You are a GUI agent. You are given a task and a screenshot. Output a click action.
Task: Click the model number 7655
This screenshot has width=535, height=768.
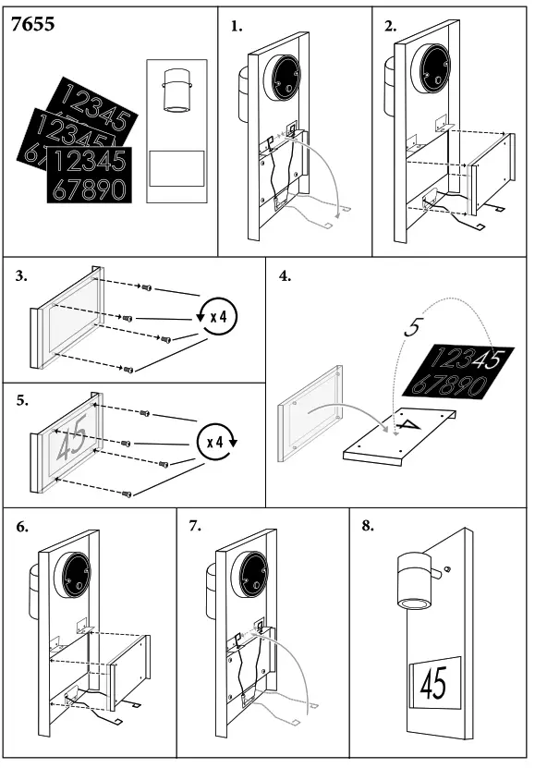32,24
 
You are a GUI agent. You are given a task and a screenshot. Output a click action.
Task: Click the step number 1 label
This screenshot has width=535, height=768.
237,27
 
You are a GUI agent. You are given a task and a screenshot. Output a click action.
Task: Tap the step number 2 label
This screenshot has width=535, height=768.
390,27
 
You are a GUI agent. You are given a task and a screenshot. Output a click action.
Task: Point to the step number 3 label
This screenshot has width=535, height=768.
21,276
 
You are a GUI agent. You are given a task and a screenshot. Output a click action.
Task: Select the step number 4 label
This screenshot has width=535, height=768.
285,276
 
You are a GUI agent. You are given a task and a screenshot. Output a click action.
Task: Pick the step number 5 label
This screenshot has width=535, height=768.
22,401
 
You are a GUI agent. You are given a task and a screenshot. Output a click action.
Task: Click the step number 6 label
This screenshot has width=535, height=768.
22,527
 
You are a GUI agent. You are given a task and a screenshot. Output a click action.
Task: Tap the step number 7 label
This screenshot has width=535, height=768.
195,526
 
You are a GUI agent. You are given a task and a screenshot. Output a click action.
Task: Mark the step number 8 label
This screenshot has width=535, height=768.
368,526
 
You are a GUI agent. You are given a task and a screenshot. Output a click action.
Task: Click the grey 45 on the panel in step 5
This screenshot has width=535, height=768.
73,436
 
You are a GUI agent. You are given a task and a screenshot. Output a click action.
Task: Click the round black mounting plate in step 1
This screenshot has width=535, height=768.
283,78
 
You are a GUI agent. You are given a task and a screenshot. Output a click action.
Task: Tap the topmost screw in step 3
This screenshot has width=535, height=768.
146,287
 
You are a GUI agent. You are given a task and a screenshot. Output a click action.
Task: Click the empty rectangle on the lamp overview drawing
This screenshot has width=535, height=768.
176,168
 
